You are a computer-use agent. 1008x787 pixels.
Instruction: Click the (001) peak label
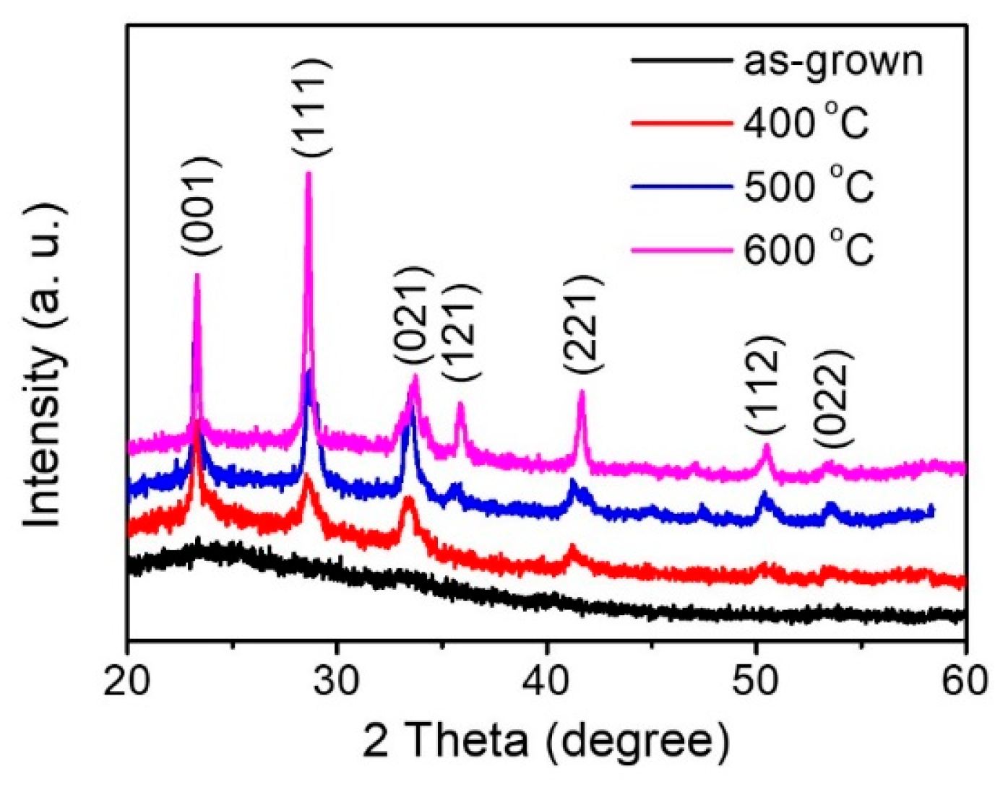pos(201,206)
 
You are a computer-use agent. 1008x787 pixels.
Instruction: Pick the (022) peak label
pos(833,399)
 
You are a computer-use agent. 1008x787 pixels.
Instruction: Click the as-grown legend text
pos(833,61)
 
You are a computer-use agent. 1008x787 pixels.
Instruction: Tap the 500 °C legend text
pos(809,186)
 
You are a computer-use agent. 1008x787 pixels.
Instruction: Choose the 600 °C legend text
pos(809,249)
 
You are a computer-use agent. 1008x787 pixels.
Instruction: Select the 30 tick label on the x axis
pos(337,680)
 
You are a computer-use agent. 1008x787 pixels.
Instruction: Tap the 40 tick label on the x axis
pos(547,680)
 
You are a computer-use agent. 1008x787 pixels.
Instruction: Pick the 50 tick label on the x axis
pos(756,680)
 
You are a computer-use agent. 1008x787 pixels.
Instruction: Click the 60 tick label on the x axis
pos(965,680)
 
